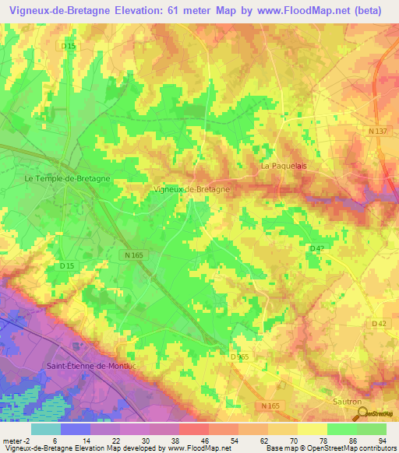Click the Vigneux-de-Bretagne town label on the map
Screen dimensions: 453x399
tap(192, 189)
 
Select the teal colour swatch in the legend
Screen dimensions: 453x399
tap(46, 429)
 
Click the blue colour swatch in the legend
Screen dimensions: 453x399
tap(76, 429)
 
